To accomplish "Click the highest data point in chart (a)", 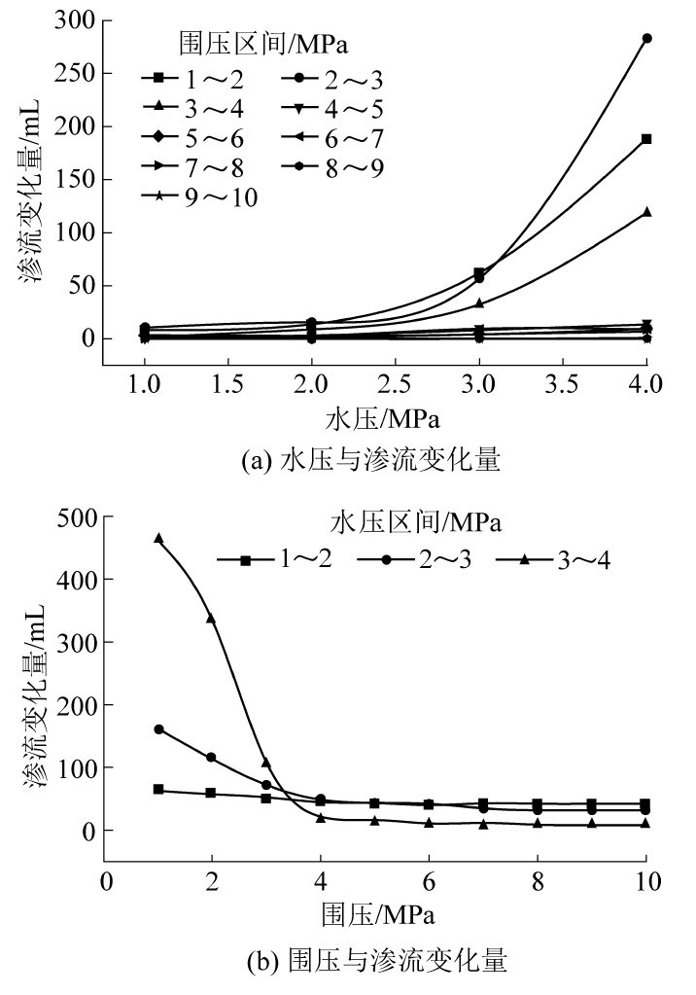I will point(646,39).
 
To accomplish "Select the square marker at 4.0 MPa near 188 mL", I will point(646,139).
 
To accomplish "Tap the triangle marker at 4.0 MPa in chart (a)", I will point(646,211).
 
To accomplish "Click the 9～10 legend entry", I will point(199,197).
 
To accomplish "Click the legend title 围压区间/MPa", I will point(263,44).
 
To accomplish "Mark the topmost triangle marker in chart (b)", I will point(158,538).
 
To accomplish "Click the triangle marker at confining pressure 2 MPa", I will point(211,619).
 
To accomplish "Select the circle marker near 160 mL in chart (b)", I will point(158,729).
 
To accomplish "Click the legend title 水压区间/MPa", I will point(416,523).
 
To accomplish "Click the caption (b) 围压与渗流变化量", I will point(374,961).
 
